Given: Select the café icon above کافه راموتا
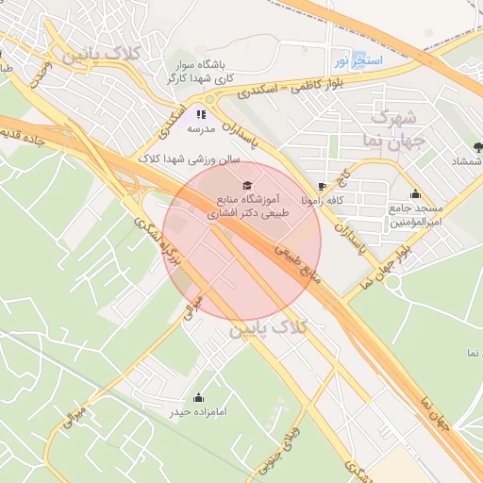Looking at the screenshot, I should pos(323,187).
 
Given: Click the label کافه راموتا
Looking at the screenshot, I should pos(323,201).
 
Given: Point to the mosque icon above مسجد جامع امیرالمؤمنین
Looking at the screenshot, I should pos(415,194).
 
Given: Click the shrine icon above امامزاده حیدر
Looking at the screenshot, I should pos(198,397).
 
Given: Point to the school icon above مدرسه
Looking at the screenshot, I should pos(200,113).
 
